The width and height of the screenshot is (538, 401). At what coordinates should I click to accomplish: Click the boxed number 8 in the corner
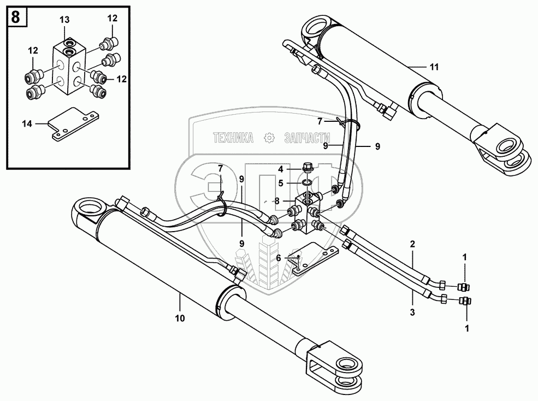click(16, 17)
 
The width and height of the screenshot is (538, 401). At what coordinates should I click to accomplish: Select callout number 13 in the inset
click(64, 20)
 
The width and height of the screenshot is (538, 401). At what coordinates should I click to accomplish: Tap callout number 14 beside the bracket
click(27, 124)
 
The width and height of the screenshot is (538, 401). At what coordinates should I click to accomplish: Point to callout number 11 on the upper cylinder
click(434, 67)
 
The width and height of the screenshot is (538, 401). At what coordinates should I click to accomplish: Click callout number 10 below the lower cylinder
click(180, 318)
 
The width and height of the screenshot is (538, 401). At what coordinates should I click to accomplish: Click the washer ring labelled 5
click(306, 181)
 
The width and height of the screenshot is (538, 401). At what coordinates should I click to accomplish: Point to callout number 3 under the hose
click(413, 312)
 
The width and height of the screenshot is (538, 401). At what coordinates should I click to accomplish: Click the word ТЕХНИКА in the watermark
click(233, 138)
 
